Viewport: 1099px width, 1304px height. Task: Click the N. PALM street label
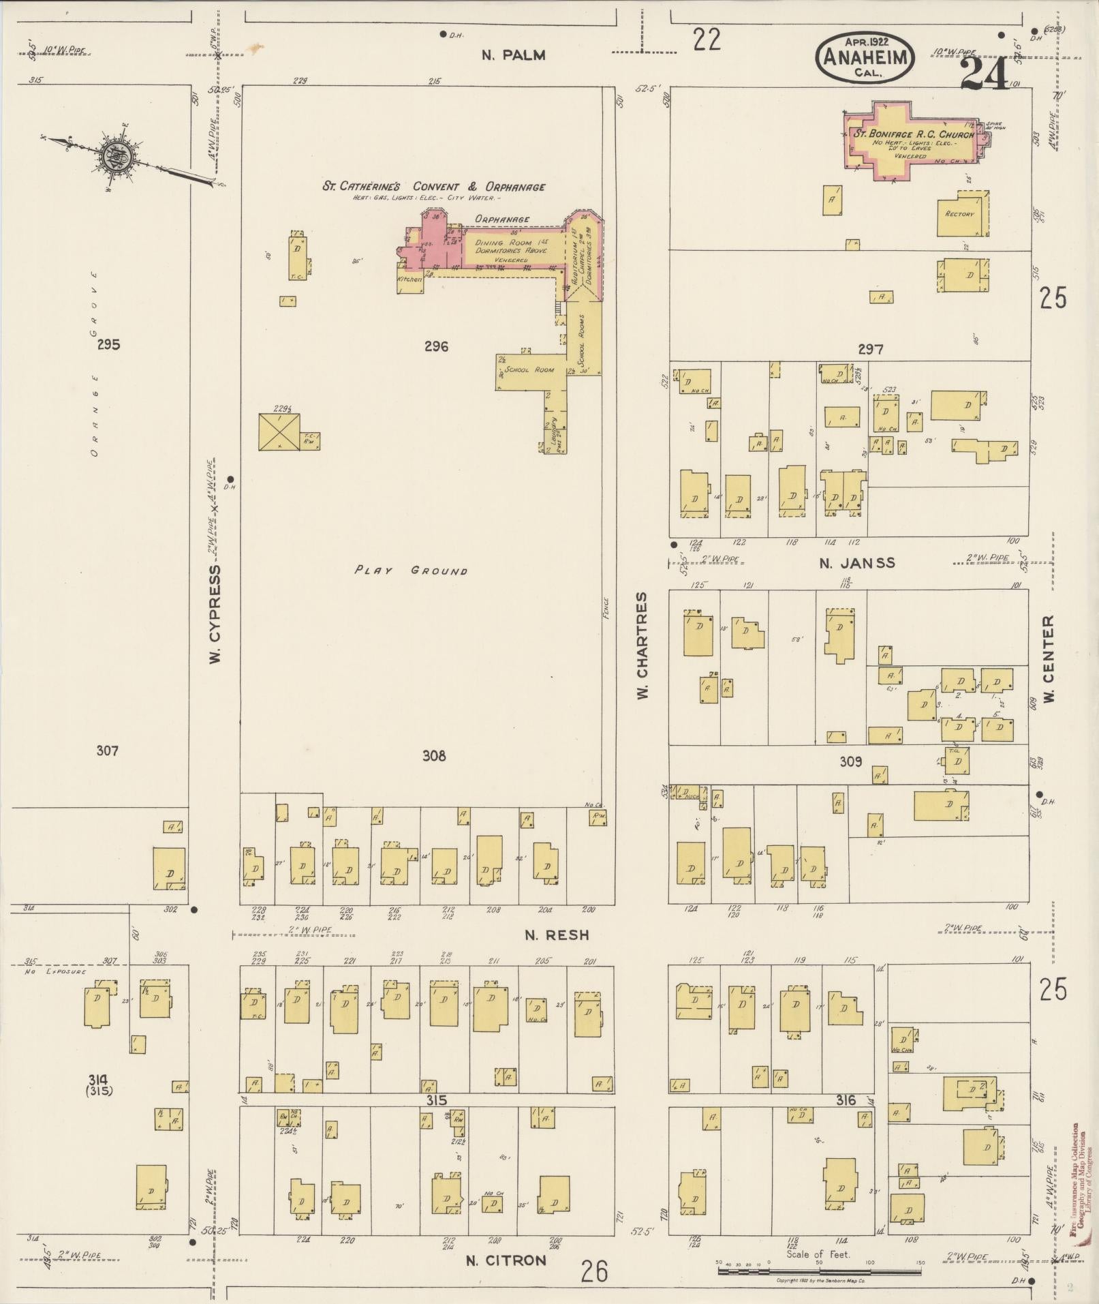tap(513, 55)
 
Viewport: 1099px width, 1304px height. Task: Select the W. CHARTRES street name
tap(642, 645)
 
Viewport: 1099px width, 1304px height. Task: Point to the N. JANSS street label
tap(857, 562)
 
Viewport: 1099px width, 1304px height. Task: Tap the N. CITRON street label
tap(506, 1260)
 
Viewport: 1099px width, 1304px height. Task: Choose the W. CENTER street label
tap(1049, 659)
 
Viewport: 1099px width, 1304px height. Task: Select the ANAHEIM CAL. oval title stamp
tap(864, 58)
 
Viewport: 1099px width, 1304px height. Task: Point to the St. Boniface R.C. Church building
tap(913, 142)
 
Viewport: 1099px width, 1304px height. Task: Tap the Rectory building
tap(961, 214)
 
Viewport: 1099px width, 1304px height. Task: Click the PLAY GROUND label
tap(411, 570)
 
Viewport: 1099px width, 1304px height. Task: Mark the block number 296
tap(435, 346)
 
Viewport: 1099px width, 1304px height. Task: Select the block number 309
tap(850, 761)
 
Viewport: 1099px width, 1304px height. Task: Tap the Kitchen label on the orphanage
tap(410, 279)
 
